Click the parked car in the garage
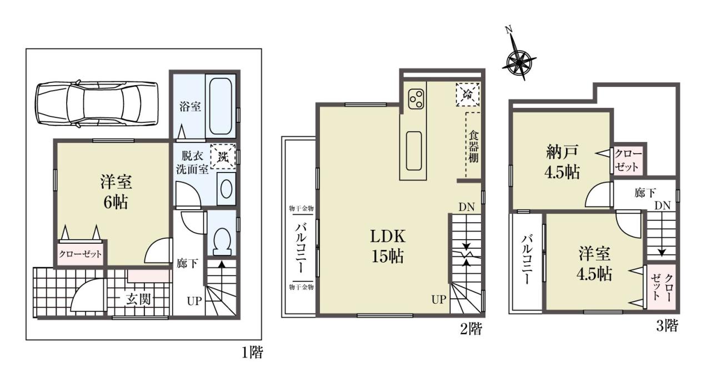[97, 104]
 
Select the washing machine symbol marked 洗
[223, 156]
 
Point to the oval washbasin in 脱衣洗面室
[226, 189]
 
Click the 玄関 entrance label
[138, 299]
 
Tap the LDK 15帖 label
[388, 246]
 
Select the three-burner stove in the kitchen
[416, 99]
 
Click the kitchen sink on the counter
[414, 151]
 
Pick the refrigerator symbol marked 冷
[468, 94]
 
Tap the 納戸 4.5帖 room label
[562, 162]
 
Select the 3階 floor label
[667, 326]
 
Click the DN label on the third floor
[663, 206]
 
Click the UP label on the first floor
[194, 301]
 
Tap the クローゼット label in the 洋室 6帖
[81, 254]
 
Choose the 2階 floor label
[471, 329]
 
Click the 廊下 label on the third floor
[645, 193]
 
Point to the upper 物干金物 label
[301, 209]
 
